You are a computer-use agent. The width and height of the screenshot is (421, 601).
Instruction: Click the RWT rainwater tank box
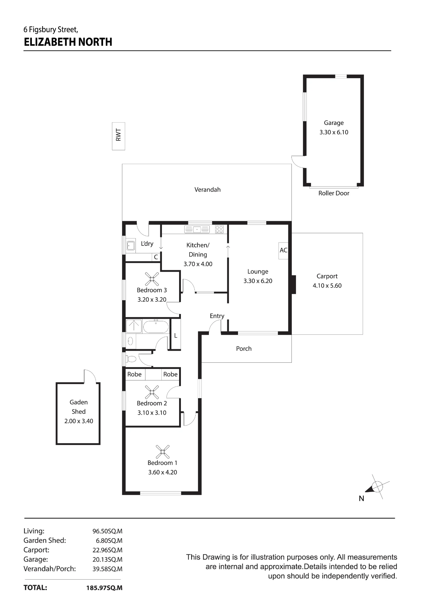118,136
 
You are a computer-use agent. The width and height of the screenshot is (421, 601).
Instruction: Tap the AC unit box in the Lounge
283,251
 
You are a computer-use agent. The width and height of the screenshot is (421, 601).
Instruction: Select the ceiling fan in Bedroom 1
163,452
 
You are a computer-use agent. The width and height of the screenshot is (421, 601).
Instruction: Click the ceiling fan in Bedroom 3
152,279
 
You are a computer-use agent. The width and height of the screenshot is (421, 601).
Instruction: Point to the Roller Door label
334,193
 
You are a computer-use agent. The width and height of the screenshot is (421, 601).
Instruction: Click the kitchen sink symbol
197,230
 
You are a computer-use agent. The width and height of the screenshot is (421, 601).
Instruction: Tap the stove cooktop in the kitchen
219,229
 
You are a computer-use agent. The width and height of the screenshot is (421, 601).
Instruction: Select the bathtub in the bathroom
156,327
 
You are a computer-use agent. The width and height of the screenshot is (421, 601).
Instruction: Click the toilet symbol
131,359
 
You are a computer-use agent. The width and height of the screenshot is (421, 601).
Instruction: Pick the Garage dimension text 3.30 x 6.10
334,132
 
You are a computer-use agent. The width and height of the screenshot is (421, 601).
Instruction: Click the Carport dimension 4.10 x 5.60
327,286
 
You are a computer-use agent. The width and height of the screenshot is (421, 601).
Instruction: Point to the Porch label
244,349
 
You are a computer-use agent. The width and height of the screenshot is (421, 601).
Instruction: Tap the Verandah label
207,190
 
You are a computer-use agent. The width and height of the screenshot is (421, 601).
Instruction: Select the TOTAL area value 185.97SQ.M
104,588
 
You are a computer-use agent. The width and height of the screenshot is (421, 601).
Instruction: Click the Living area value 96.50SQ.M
107,531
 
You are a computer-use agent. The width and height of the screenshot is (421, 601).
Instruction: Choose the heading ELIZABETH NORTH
68,42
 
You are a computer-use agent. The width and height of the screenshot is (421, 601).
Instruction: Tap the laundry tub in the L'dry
130,246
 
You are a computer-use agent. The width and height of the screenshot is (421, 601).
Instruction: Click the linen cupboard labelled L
176,334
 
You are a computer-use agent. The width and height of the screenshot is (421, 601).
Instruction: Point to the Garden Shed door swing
90,376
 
